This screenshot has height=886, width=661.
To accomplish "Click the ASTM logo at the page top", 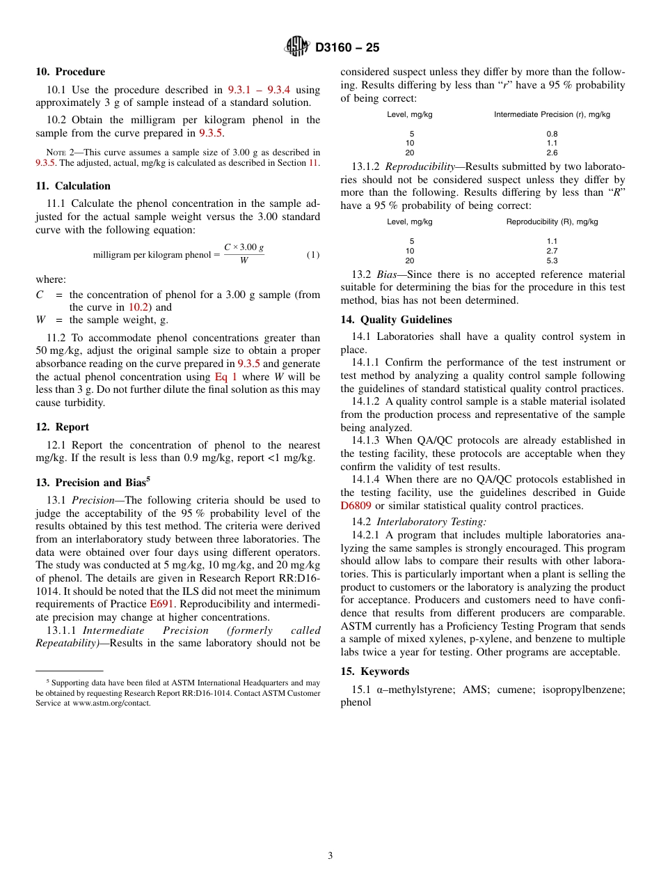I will point(297,47).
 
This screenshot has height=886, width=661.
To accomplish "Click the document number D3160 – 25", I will point(347,48).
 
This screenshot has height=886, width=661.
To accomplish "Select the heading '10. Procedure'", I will point(70,72).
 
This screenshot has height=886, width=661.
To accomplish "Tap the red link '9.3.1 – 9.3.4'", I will point(259,90).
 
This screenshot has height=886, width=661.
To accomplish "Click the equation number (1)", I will point(313,255).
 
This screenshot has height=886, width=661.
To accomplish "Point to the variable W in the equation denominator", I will point(244,261).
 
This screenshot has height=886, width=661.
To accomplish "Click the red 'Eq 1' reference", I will point(225,377).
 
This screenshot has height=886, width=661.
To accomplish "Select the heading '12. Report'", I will point(62,427).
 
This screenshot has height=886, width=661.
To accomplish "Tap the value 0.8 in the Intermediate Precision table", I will point(552,134).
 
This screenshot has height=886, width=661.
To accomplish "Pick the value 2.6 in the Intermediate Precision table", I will point(552,153).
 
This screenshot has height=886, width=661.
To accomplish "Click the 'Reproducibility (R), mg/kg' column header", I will point(552,221).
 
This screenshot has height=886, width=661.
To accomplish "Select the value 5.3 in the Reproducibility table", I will point(552,261).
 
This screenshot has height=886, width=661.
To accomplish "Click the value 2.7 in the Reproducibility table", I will point(552,251).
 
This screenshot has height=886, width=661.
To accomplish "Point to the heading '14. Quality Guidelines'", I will point(396,320).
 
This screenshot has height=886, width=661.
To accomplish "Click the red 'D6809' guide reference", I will point(356,506).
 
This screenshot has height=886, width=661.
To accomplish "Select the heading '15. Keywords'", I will point(374,671).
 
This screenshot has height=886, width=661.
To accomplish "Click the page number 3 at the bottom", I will point(330,855).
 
